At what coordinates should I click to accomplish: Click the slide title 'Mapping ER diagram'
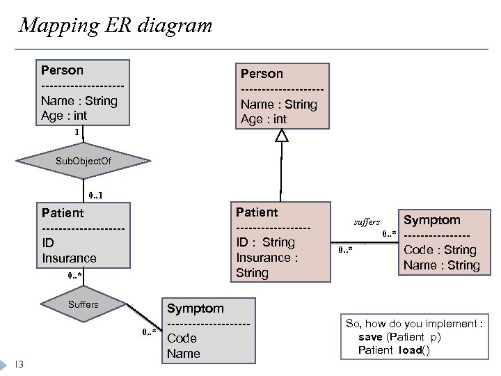tap(116, 26)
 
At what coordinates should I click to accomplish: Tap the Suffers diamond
tap(83, 304)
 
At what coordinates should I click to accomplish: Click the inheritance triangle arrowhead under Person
tap(281, 136)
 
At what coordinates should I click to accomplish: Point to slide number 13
tap(19, 363)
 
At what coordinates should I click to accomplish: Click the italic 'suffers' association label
tap(367, 222)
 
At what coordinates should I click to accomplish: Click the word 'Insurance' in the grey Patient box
tap(69, 258)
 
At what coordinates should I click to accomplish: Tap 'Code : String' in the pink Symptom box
tap(440, 250)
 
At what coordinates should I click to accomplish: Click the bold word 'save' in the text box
tap(370, 337)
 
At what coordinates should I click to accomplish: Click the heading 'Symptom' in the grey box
tap(196, 308)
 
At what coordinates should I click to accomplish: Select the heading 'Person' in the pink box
tap(262, 74)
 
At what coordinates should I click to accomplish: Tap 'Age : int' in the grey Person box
tap(64, 116)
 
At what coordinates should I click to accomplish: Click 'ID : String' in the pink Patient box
tap(265, 242)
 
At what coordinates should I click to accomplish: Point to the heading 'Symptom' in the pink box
tap(432, 220)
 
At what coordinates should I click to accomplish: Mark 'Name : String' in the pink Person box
tap(278, 104)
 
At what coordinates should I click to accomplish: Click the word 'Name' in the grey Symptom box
tap(183, 353)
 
